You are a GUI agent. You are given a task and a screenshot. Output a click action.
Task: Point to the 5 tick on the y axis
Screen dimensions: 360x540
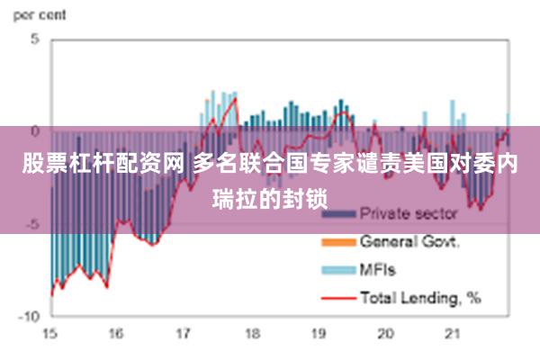point(35,40)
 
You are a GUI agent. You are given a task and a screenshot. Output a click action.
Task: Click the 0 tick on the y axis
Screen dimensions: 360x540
point(35,131)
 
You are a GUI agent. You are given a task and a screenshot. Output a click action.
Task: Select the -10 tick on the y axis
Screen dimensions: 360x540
point(30,316)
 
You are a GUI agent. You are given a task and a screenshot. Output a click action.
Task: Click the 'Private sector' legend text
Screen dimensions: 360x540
point(409,214)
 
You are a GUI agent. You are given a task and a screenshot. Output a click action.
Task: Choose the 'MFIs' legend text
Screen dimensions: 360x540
point(378,268)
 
